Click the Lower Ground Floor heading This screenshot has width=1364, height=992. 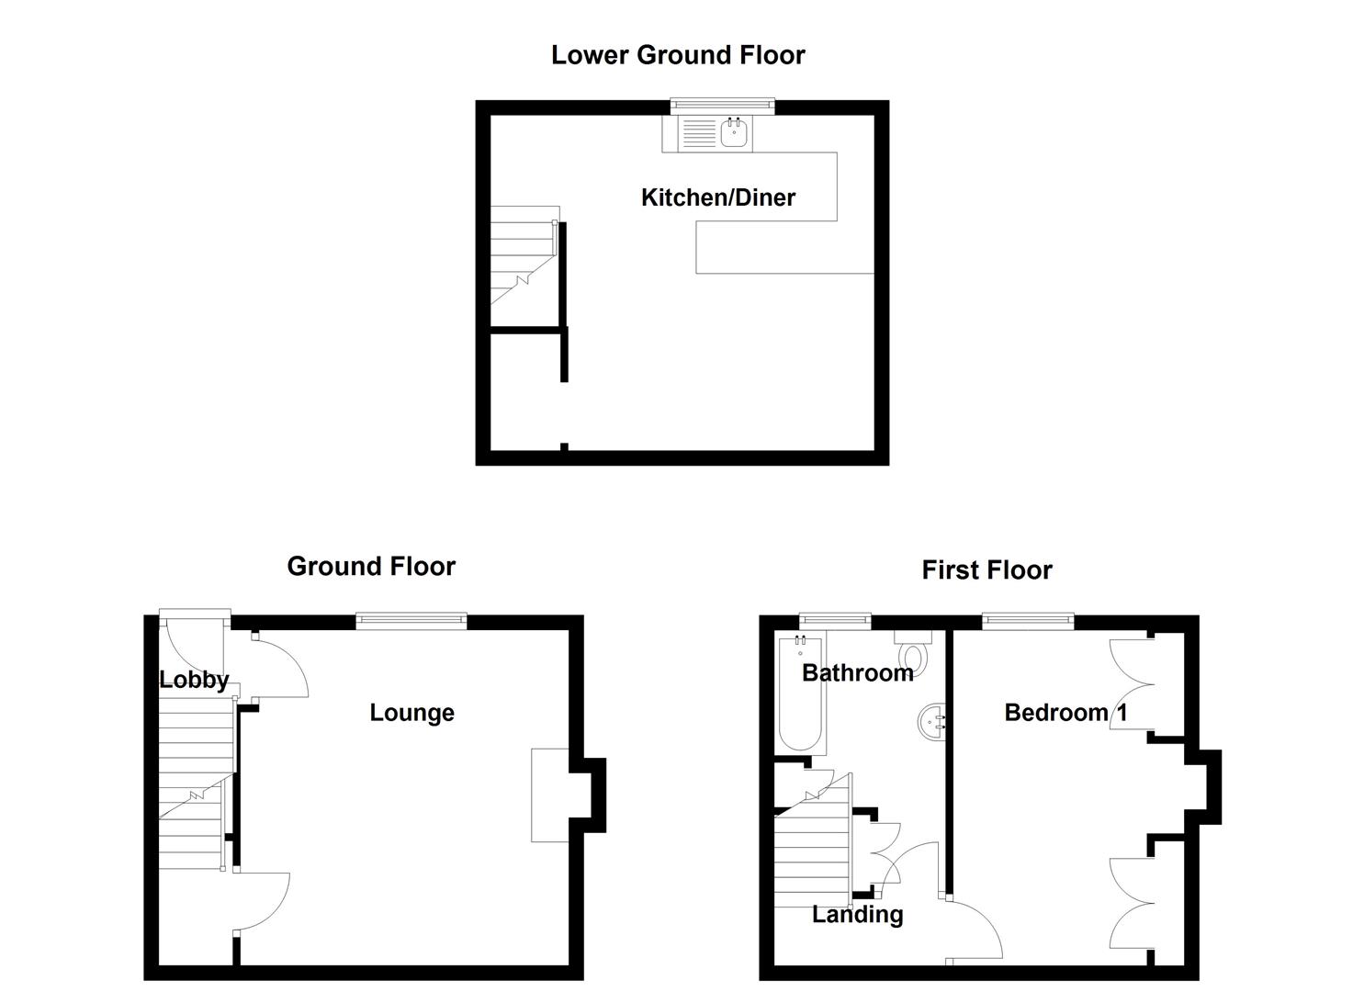tap(678, 55)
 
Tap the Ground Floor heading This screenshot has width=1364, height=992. tap(371, 566)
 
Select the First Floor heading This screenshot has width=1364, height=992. tap(986, 570)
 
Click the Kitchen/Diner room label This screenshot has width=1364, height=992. tap(717, 197)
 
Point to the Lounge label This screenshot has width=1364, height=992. tap(411, 713)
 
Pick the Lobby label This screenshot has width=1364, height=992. tap(193, 681)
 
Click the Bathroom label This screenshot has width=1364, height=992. tap(857, 673)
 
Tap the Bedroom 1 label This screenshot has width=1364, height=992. tap(1065, 713)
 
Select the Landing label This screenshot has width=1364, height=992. tap(857, 915)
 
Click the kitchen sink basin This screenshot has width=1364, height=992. tap(734, 134)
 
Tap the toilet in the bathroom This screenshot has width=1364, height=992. tap(913, 654)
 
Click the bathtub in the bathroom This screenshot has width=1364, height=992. tap(801, 698)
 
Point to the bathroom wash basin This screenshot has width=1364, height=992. tap(930, 721)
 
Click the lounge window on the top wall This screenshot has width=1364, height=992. tap(411, 622)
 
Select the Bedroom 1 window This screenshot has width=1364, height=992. tap(1028, 622)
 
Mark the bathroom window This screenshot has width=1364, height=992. tap(834, 622)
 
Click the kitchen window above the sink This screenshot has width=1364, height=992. tap(722, 107)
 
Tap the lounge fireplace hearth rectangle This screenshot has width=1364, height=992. tap(550, 795)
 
